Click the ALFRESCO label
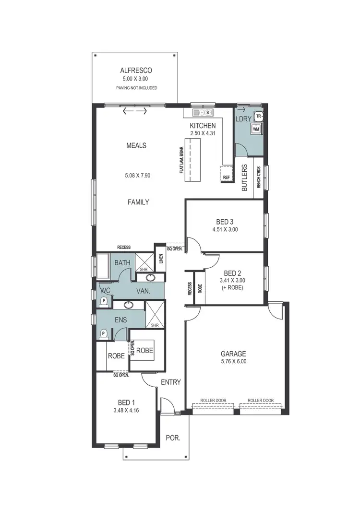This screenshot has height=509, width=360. [x=137, y=70]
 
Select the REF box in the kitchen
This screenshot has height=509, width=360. [x=227, y=177]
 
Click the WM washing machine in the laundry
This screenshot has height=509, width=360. [x=256, y=129]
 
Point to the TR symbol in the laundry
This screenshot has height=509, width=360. [x=259, y=117]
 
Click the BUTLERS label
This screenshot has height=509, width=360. [x=244, y=178]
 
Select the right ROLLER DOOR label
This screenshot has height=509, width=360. [x=261, y=400]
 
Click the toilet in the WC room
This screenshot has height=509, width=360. [x=103, y=301]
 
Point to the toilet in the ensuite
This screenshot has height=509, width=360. [x=103, y=334]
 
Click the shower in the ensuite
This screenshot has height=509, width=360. [x=155, y=315]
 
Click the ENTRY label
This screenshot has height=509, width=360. [x=171, y=382]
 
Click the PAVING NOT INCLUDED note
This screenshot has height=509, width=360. [x=137, y=88]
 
